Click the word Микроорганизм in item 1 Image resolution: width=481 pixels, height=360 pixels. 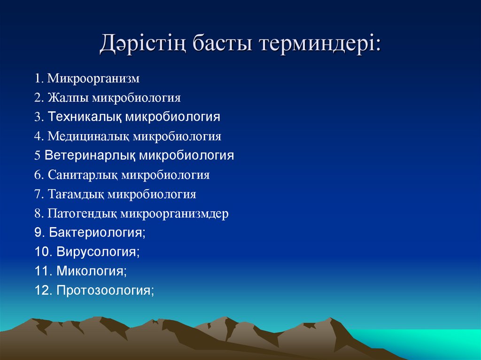click(93, 78)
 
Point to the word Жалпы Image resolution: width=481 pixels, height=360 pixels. click(68, 98)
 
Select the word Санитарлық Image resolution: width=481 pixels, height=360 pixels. click(83, 175)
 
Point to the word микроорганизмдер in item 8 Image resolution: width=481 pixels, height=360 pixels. click(174, 214)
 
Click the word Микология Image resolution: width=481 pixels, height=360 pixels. click(91, 271)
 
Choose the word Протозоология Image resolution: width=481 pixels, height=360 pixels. click(104, 291)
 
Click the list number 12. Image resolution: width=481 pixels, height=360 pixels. click(42, 291)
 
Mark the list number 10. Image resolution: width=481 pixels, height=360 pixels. click(42, 252)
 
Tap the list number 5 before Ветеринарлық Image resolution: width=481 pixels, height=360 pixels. click(37, 155)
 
